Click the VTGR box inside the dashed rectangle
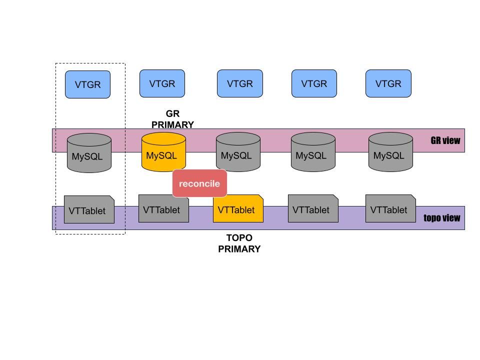(x=87, y=84)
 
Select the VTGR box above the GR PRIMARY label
(x=162, y=83)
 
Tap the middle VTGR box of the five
(x=239, y=83)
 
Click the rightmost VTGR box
(x=388, y=83)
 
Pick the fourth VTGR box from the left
(x=314, y=83)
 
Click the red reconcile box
(x=199, y=183)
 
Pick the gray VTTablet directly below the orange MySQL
(x=163, y=208)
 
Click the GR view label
(x=445, y=140)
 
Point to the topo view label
(x=441, y=218)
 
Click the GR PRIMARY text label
(x=172, y=119)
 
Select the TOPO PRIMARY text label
(x=239, y=243)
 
